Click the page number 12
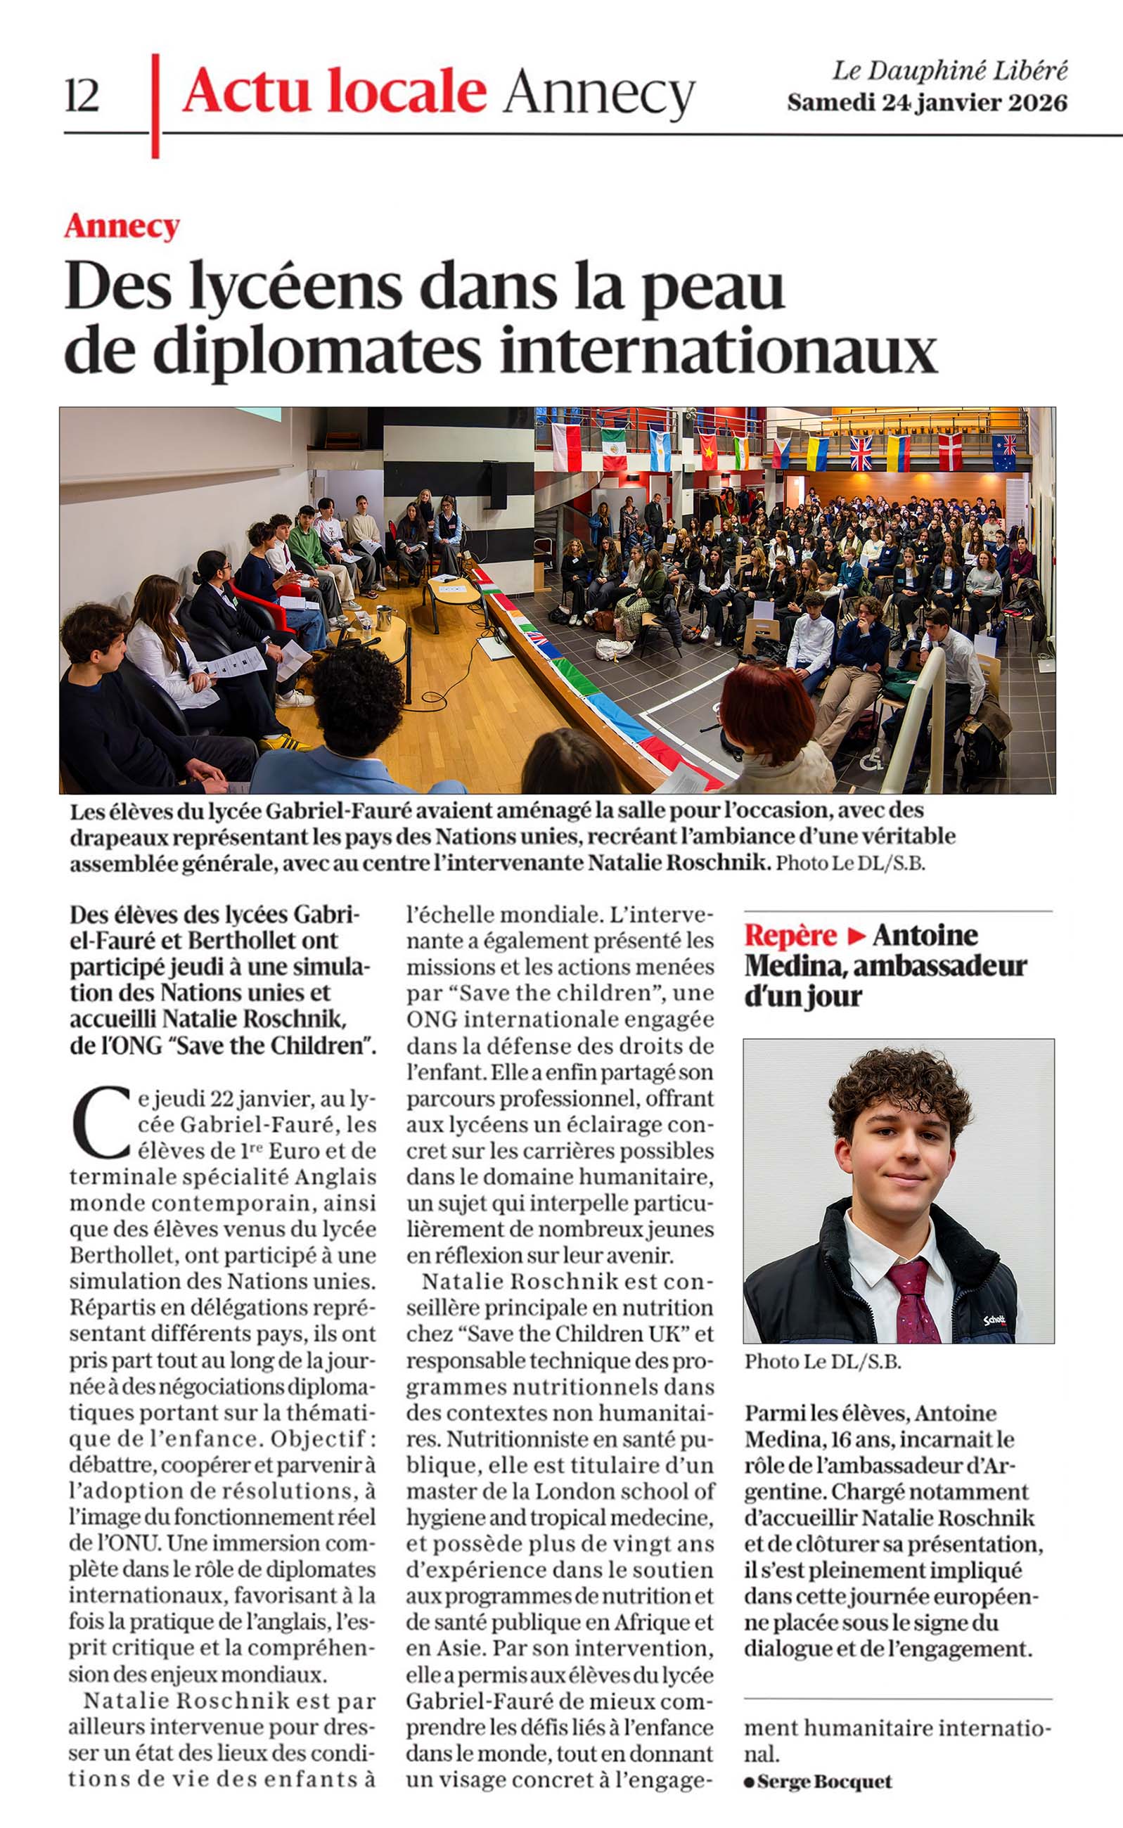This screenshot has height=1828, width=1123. (x=82, y=95)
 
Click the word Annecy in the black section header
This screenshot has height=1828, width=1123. (x=598, y=94)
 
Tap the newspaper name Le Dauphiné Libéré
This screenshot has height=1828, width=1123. (x=949, y=71)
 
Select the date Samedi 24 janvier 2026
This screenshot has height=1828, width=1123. (x=927, y=103)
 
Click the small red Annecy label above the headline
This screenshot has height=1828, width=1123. (x=122, y=226)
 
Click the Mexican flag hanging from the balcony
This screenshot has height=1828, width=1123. (x=613, y=449)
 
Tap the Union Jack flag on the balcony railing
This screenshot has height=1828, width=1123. (x=861, y=453)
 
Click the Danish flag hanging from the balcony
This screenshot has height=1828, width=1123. (x=950, y=451)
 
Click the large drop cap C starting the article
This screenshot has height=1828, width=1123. (x=101, y=1123)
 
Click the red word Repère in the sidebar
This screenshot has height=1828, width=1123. (x=790, y=935)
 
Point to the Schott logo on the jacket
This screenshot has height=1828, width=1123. (x=994, y=1320)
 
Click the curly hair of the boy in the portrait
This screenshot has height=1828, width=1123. (x=899, y=1085)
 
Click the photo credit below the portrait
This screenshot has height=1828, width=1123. (x=822, y=1362)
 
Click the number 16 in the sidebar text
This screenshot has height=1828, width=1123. (x=841, y=1439)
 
